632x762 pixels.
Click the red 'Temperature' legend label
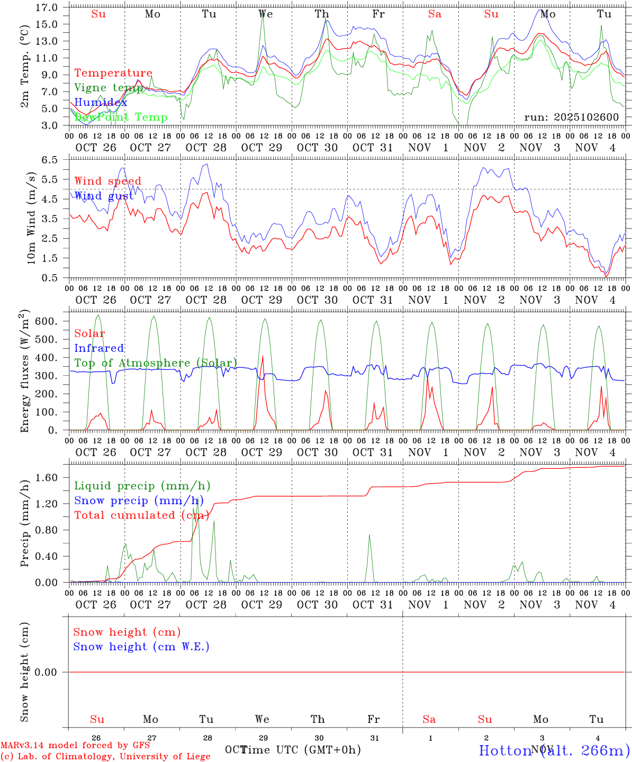113,73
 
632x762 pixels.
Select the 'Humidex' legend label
101,102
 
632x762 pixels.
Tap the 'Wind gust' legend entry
104,196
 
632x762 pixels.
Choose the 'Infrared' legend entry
99,348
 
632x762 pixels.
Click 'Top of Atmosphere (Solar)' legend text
156,363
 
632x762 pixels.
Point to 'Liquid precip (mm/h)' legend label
142,486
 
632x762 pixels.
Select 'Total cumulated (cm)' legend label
141,515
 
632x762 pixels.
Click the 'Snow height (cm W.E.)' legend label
141,647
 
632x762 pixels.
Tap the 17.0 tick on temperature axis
47,7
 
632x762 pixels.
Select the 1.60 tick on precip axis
47,477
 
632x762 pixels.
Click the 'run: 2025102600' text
571,117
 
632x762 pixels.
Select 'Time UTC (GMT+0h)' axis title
301,750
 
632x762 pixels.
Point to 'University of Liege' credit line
105,756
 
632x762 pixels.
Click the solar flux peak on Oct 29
263,356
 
